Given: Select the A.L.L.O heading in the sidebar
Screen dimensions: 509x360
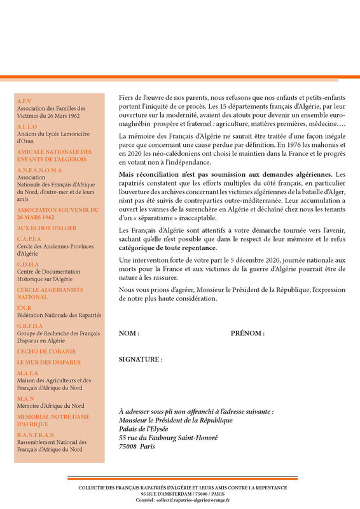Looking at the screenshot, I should point(27,127).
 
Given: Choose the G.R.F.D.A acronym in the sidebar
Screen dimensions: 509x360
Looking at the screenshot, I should point(31,326).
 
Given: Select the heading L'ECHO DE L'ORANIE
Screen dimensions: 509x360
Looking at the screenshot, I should point(46,351).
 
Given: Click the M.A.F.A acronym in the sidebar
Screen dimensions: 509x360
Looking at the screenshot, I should point(28,373).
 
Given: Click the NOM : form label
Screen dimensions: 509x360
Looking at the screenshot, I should point(129,333).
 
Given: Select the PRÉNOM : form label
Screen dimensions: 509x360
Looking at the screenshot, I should point(247,333).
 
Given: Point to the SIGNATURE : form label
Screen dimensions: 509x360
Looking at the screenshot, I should point(141,359).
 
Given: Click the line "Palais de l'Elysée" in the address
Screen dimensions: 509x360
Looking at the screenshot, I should point(150,429).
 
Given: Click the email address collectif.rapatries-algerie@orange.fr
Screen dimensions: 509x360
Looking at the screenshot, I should point(187,500).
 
